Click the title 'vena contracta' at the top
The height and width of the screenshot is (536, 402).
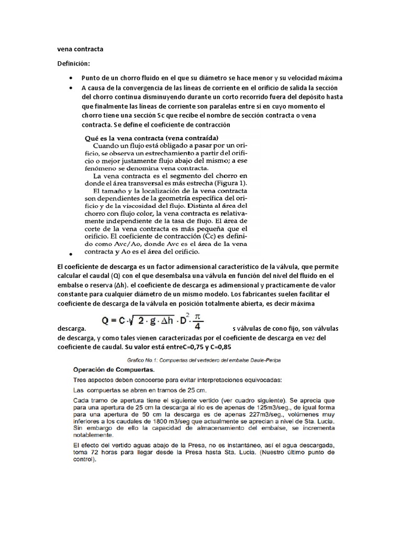(x=80, y=49)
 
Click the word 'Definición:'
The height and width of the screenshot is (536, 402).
(x=74, y=64)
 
